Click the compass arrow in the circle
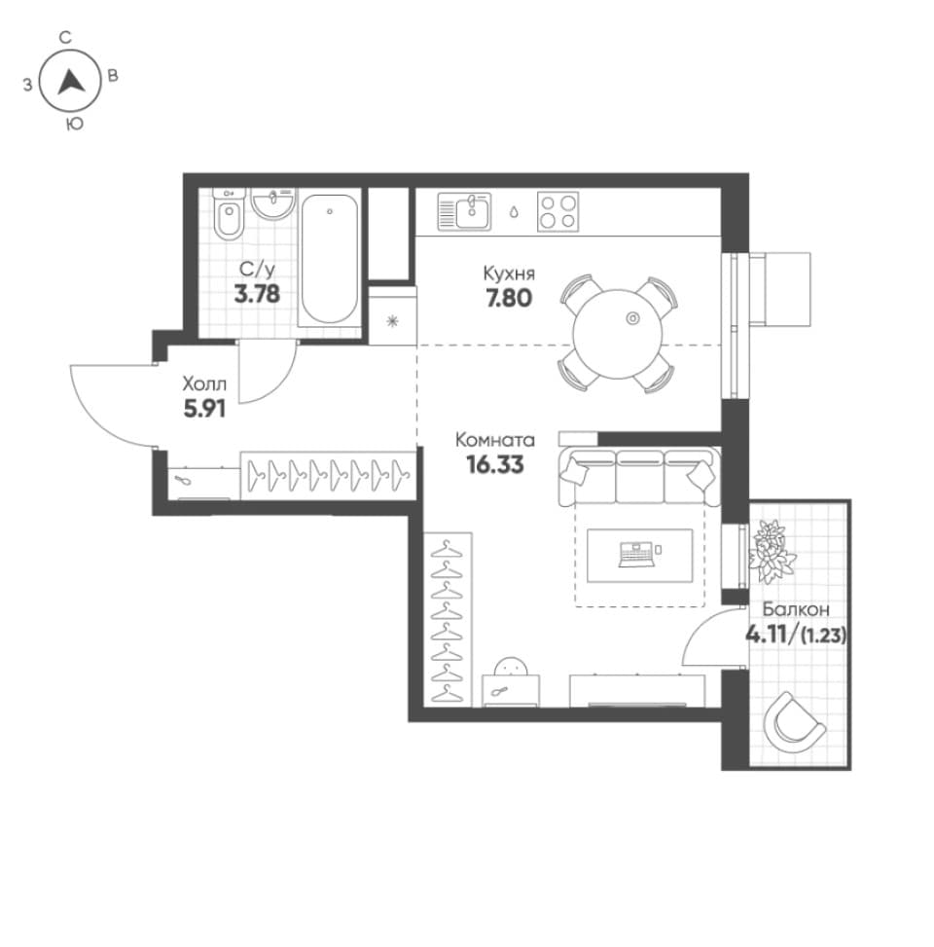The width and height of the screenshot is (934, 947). click(x=71, y=82)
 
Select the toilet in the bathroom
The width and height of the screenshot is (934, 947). click(x=229, y=215)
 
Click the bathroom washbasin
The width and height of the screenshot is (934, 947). click(x=272, y=203)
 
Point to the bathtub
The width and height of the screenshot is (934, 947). click(x=329, y=259)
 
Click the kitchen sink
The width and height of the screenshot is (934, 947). click(x=464, y=211)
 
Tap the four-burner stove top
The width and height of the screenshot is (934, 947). click(x=557, y=211)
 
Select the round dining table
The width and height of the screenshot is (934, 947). click(x=617, y=334)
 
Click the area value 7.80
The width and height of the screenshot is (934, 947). click(x=509, y=299)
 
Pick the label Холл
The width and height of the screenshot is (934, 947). click(x=204, y=384)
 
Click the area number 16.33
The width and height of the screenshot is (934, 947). click(x=495, y=465)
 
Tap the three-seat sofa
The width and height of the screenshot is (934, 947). click(x=639, y=477)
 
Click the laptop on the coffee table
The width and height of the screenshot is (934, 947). click(x=635, y=555)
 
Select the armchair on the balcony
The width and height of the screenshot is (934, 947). click(x=793, y=722)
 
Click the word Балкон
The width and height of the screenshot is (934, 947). click(x=796, y=609)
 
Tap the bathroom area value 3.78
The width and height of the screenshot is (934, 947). click(x=257, y=295)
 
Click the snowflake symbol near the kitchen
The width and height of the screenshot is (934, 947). click(x=392, y=321)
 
